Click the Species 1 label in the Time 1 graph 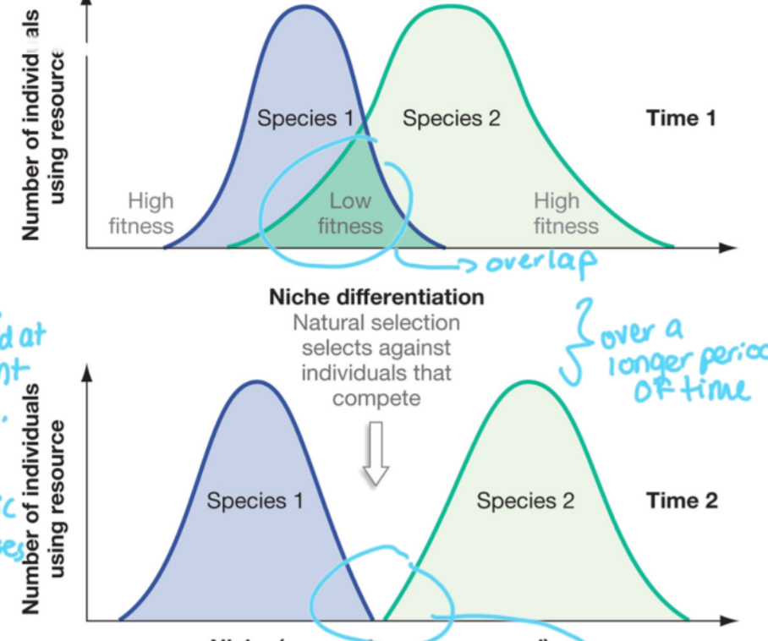[304, 118]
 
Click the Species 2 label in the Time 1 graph [451, 118]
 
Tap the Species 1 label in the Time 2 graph [255, 501]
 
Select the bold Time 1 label [681, 118]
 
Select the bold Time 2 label [682, 501]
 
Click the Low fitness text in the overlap [350, 213]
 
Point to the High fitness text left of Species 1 [141, 213]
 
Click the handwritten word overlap [540, 263]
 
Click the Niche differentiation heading [376, 298]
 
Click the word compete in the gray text [376, 397]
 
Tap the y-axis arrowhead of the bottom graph [86, 375]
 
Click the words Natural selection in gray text [376, 323]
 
